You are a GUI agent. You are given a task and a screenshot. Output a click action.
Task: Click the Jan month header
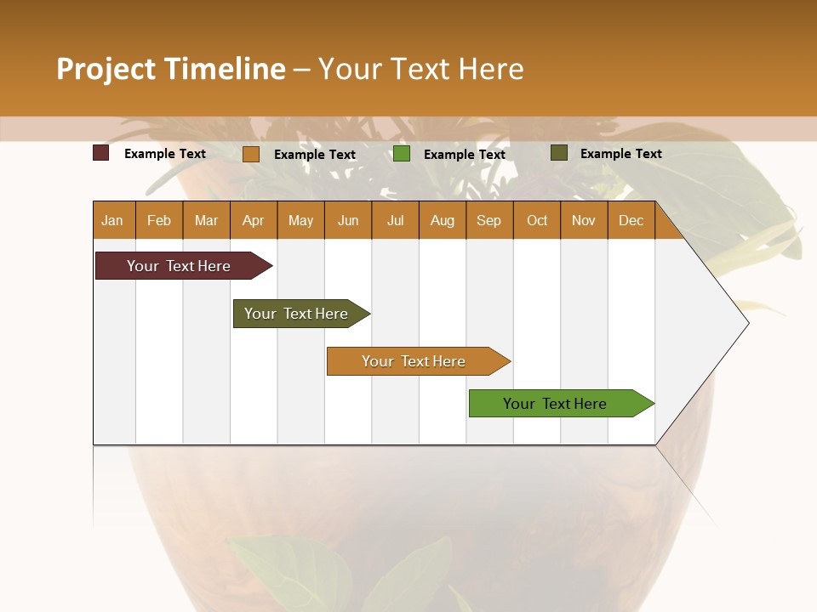113,220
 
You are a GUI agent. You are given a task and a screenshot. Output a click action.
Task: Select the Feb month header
159,220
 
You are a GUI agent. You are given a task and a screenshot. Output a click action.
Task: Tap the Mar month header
206,220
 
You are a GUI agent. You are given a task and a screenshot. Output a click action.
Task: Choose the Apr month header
254,220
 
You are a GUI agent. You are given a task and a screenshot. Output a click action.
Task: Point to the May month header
300,220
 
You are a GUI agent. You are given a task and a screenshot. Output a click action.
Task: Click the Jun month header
348,220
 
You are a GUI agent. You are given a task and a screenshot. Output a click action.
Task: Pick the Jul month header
395,220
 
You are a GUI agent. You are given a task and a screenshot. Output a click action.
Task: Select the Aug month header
443,220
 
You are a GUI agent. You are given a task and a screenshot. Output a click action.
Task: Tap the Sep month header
489,220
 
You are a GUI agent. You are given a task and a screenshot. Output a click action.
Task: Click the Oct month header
537,220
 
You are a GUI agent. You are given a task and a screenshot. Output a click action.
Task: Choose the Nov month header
584,220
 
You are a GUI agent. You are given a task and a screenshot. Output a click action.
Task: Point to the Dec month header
631,220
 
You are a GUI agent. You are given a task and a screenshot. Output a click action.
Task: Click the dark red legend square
100,153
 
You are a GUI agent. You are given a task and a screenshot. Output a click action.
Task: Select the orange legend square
251,154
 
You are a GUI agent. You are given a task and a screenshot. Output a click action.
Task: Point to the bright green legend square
402,153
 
